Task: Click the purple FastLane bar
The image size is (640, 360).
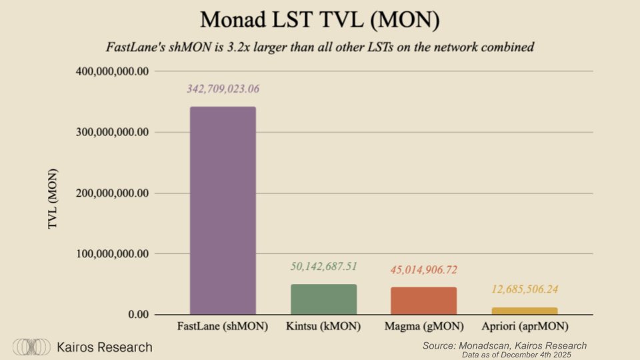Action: click(x=223, y=210)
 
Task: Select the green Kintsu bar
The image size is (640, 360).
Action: click(x=324, y=299)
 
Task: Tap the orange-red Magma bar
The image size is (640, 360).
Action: click(x=424, y=301)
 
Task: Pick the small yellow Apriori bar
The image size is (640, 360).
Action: click(x=524, y=311)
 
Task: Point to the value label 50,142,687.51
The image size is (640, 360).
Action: click(x=324, y=267)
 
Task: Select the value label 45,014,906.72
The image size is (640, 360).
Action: click(x=424, y=270)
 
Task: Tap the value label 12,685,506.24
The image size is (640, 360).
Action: click(x=524, y=289)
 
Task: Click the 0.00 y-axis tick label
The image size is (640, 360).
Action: click(x=133, y=315)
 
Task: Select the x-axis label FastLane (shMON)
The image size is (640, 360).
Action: click(x=223, y=327)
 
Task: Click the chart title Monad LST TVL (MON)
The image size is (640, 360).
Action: click(x=320, y=19)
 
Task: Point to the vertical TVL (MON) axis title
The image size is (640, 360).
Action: click(x=53, y=199)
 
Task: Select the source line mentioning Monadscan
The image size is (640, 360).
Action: click(x=505, y=345)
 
